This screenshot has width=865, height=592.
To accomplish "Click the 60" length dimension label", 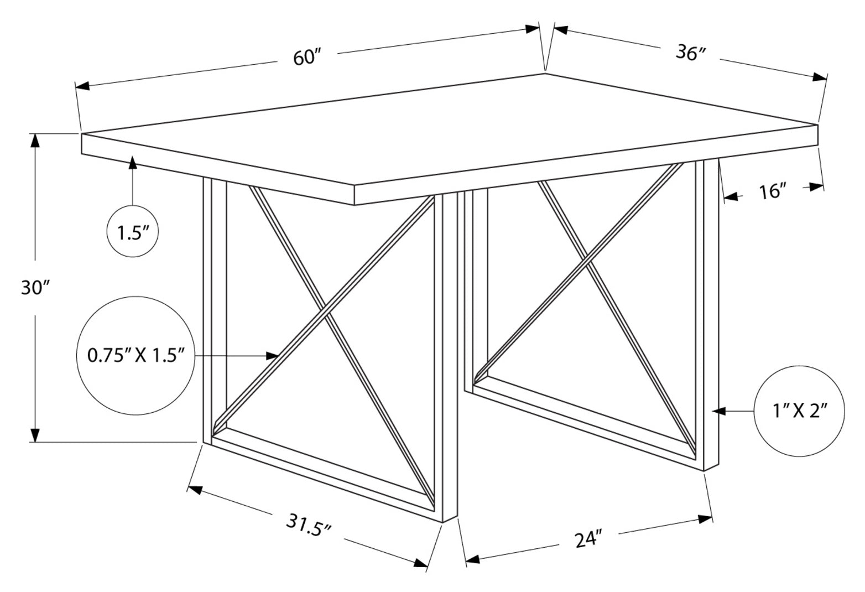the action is click(307, 58).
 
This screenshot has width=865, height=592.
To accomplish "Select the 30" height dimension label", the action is click(35, 288).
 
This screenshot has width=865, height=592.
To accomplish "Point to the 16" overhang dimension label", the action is click(773, 192).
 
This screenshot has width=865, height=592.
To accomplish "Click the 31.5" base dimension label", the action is click(309, 525).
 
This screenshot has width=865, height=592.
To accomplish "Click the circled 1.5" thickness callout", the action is click(132, 231).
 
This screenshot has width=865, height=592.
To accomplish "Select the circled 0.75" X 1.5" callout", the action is click(136, 356).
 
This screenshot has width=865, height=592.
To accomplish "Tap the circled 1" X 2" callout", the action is click(799, 411).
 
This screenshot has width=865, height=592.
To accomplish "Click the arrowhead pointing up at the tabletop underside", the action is click(133, 162).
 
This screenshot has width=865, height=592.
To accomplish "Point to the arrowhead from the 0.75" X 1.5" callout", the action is click(272, 356).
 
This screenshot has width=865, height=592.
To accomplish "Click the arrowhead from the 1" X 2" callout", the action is click(719, 411).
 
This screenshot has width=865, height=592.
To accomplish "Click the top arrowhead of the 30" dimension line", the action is click(35, 140).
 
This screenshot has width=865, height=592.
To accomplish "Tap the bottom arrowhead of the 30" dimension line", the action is click(35, 435).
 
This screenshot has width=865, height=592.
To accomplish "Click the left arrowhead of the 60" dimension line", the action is click(82, 85).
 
